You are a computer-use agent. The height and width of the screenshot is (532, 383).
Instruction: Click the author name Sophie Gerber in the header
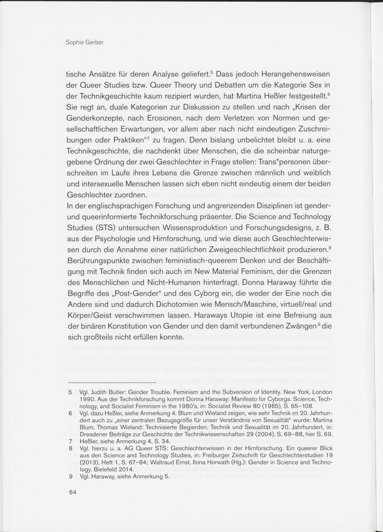coord(85,42)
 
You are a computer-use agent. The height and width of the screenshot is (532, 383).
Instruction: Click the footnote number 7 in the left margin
coord(70,441)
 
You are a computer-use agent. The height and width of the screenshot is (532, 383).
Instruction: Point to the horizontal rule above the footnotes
coord(112,383)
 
